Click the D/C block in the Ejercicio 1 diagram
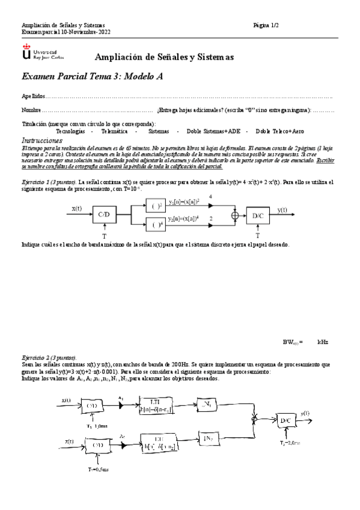click(x=258, y=215)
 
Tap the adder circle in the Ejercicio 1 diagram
click(x=236, y=215)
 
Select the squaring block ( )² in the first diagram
click(x=157, y=204)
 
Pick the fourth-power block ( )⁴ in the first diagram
click(x=157, y=225)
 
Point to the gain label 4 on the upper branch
click(x=210, y=197)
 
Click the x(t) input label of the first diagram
click(x=77, y=209)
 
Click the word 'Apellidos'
click(x=33, y=96)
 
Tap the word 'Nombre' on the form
click(x=31, y=110)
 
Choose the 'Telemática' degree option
click(x=114, y=131)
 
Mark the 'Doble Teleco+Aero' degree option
click(x=280, y=131)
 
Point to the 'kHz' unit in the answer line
click(x=323, y=342)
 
